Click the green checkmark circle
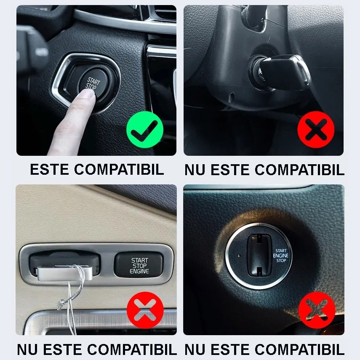point(145,130)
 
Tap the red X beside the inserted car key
point(316,130)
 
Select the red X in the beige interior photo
point(145,310)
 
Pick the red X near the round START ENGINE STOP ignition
point(317,310)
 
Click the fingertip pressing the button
point(87,95)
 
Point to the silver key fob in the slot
point(65,273)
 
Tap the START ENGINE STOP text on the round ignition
point(281,256)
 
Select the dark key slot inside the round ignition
point(259,255)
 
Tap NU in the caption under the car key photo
point(195,170)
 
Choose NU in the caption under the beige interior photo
point(27,349)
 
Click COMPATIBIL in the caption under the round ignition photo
point(299,349)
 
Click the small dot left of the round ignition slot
point(239,256)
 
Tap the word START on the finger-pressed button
point(93,81)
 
